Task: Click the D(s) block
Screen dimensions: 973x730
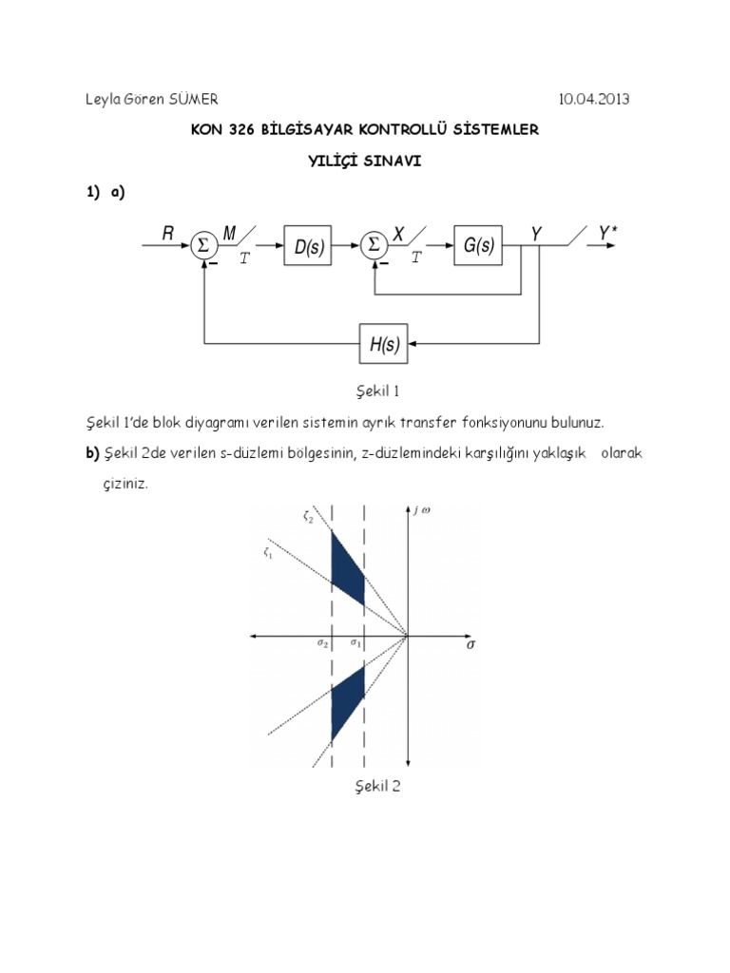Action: (308, 247)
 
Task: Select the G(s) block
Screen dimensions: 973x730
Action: (478, 246)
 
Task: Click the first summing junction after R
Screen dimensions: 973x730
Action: (202, 245)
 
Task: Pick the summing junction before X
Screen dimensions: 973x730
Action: (374, 245)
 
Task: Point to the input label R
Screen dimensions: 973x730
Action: (168, 234)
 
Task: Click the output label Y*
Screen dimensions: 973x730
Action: (609, 233)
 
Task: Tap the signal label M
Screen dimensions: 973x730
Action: (229, 234)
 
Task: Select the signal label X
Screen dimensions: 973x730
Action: (399, 234)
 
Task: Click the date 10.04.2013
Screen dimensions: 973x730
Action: (593, 98)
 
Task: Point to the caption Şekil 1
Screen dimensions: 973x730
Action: (364, 390)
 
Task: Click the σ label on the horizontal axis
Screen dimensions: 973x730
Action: (471, 643)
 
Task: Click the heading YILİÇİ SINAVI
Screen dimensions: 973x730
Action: (364, 161)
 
